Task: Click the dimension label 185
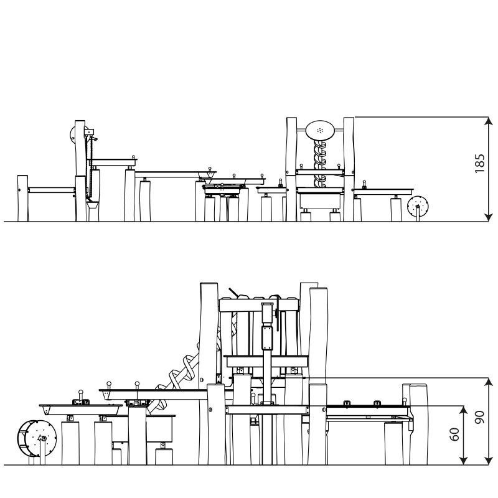point(479,164)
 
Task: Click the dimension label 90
point(479,417)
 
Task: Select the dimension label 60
point(454,434)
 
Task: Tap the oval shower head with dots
point(320,130)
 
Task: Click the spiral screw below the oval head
point(320,164)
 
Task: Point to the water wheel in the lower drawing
point(37,439)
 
